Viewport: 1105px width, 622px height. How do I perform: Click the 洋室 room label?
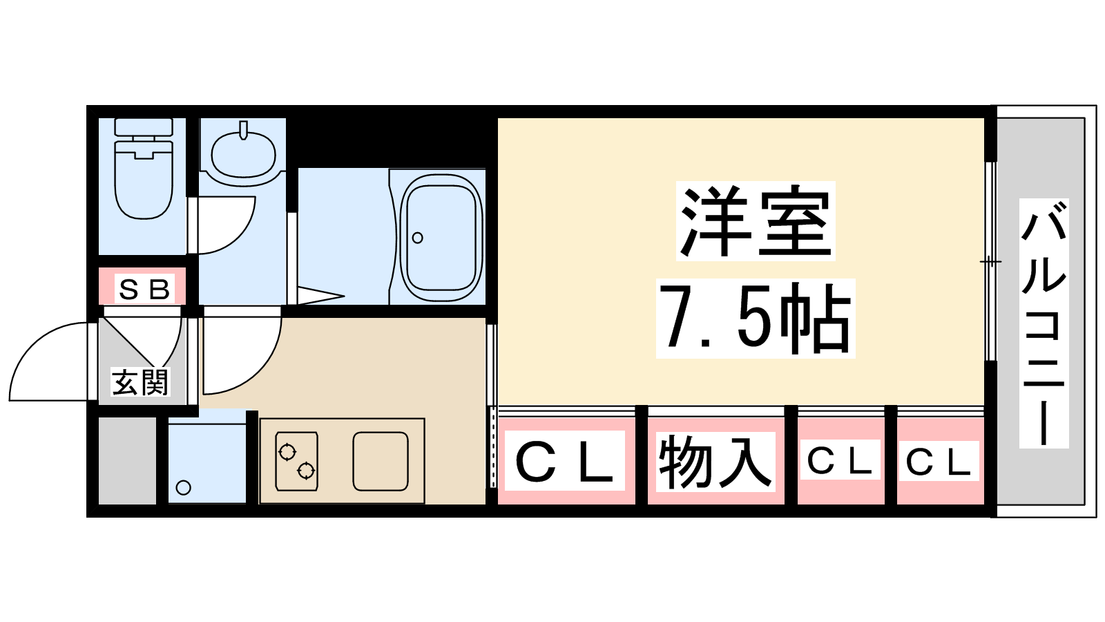tap(756, 220)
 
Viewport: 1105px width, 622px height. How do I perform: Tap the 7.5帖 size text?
tap(756, 318)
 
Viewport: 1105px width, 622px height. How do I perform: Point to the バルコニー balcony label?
tap(1044, 323)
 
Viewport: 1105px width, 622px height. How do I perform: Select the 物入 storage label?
tap(715, 462)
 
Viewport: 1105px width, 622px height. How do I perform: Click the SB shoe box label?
tap(144, 289)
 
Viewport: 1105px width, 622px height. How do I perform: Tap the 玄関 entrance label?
tap(140, 382)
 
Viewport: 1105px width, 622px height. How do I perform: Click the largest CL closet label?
tap(564, 461)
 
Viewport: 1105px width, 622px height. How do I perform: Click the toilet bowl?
tap(144, 180)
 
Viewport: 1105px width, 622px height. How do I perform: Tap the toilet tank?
tap(144, 126)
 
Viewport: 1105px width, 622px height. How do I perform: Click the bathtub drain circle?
tap(417, 238)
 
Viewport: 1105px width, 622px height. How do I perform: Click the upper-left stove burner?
tap(287, 452)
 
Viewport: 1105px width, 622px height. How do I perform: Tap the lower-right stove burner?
tap(306, 471)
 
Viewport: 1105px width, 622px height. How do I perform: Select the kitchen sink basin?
tap(381, 461)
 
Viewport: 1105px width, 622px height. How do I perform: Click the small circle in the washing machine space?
tap(184, 488)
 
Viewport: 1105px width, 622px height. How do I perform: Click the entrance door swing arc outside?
tap(48, 361)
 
